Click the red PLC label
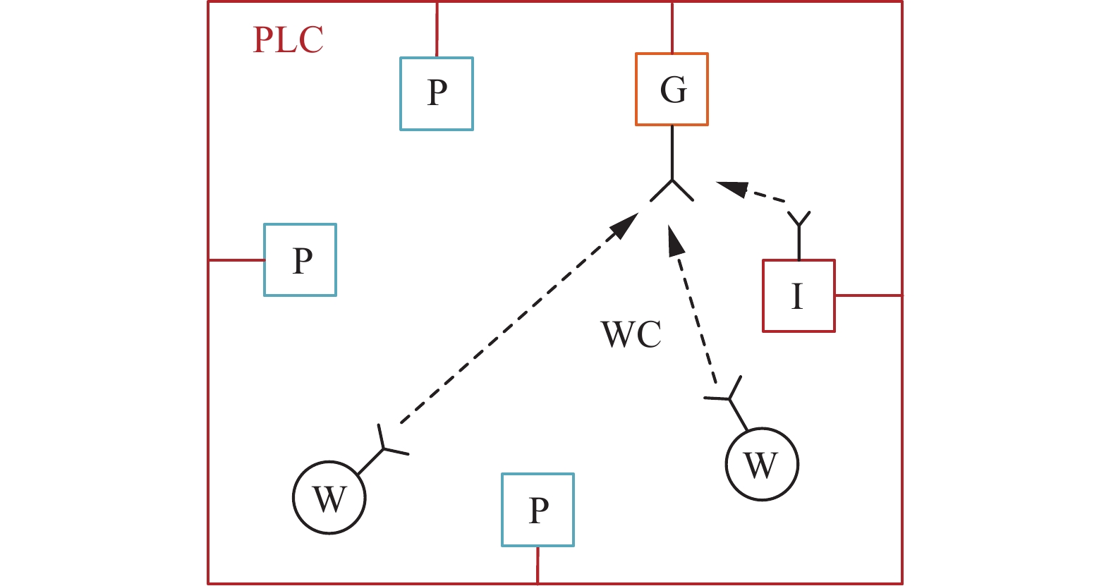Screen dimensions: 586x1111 (289, 40)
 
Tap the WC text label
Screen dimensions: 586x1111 (631, 335)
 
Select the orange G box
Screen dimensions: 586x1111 (672, 90)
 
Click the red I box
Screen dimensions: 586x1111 (799, 295)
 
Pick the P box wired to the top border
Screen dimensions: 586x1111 (437, 94)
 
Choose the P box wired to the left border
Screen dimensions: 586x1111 (300, 260)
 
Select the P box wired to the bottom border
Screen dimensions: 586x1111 (538, 510)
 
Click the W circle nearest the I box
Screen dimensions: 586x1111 (762, 464)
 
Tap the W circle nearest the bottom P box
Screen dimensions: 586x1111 (329, 498)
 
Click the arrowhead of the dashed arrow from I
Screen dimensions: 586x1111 (732, 188)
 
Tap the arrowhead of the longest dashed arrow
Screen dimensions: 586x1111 (624, 225)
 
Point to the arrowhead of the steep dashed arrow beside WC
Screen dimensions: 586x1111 (675, 240)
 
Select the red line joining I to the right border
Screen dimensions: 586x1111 (868, 295)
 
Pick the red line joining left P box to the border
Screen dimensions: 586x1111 (236, 260)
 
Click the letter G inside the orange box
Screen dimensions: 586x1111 (673, 90)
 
